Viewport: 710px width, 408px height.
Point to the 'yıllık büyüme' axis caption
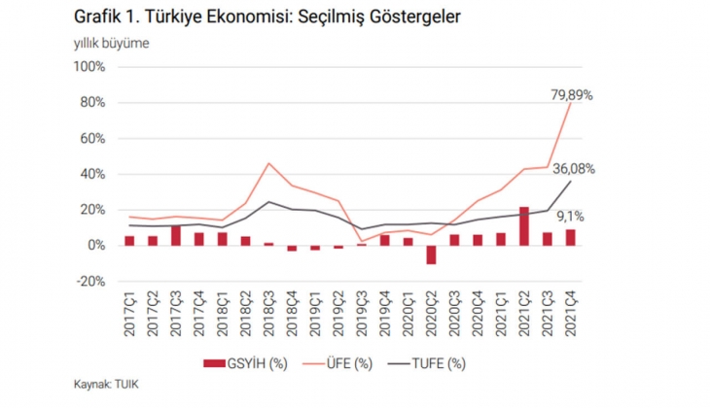tap(112, 44)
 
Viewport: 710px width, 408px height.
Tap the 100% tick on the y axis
tap(89, 67)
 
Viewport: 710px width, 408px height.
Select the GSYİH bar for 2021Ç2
tap(524, 226)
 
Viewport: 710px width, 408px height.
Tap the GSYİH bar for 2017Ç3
tap(175, 235)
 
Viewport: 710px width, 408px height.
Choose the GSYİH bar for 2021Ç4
tap(570, 237)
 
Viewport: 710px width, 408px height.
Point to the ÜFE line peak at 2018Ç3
tap(268, 163)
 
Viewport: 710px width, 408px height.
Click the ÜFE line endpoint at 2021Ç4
tap(570, 102)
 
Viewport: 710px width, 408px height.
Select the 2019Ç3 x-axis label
tap(362, 314)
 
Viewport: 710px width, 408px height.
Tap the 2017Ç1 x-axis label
tap(129, 314)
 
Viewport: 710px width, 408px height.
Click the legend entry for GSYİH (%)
tap(239, 364)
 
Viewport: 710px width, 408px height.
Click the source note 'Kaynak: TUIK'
tap(106, 386)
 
